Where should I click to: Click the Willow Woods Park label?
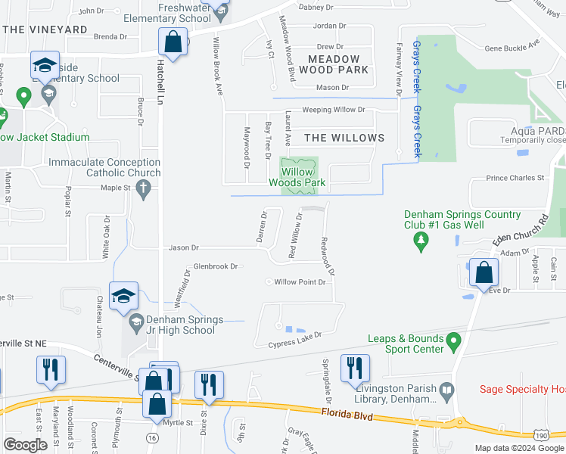point(299,177)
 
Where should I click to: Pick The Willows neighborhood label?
point(344,138)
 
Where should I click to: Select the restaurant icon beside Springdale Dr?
point(355,368)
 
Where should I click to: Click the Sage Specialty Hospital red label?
point(522,390)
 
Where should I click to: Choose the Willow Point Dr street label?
point(300,281)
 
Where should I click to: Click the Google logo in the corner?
point(26,445)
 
